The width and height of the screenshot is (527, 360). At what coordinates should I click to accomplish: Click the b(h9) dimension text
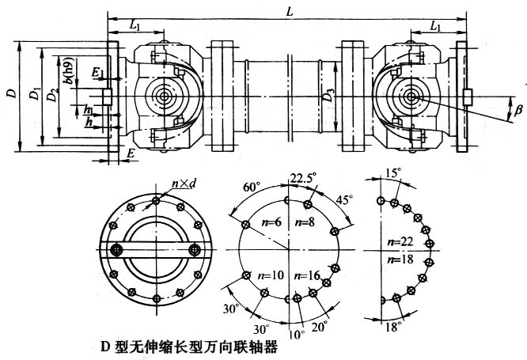[70, 75]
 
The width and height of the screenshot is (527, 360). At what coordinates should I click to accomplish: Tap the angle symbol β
[518, 111]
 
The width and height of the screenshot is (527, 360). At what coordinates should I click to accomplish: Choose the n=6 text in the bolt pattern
[271, 224]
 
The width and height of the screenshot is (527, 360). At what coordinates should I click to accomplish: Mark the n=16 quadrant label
[307, 275]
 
